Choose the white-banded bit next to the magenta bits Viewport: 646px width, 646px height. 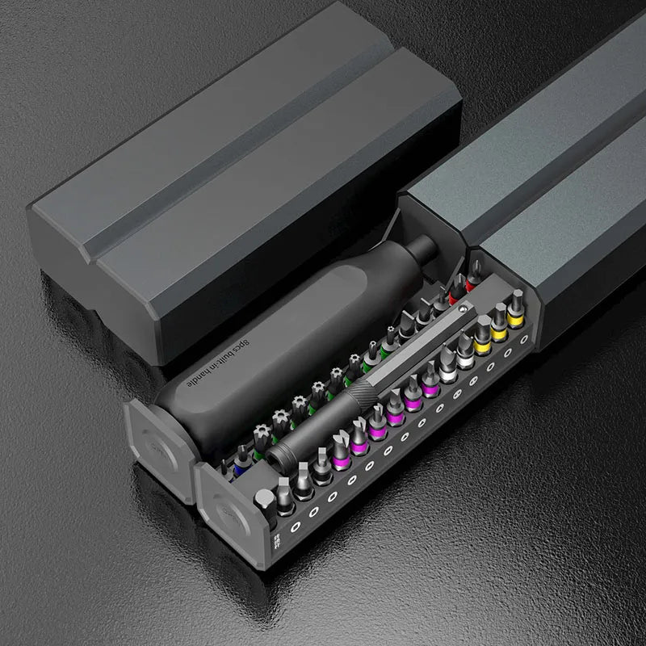pyautogui.click(x=448, y=367)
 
